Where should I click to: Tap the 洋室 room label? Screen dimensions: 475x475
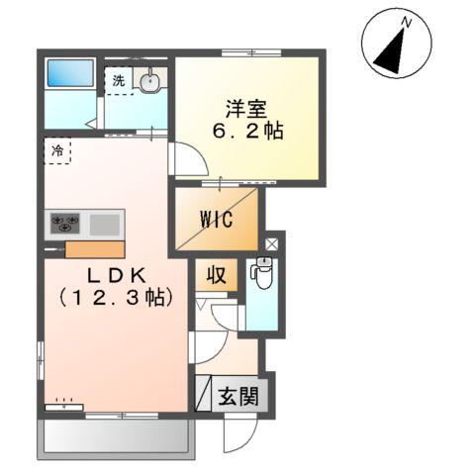click(x=246, y=107)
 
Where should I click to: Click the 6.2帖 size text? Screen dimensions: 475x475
click(x=246, y=132)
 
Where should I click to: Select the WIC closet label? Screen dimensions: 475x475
click(x=216, y=219)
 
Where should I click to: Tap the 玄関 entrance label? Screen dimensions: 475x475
click(x=237, y=397)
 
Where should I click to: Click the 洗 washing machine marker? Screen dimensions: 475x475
click(x=119, y=81)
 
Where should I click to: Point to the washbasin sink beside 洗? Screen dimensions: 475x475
click(x=150, y=81)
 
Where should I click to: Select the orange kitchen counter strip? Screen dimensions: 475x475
click(x=95, y=248)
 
